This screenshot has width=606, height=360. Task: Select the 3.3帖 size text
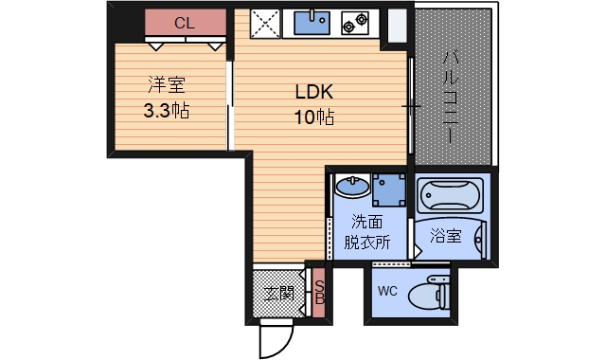click(x=166, y=111)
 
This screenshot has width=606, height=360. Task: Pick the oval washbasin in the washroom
click(x=351, y=184)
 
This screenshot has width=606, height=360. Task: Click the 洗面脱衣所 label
click(x=367, y=232)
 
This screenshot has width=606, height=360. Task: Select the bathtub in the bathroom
click(x=451, y=196)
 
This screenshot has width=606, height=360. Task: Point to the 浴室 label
click(x=445, y=235)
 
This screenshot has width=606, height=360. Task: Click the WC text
click(x=387, y=291)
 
